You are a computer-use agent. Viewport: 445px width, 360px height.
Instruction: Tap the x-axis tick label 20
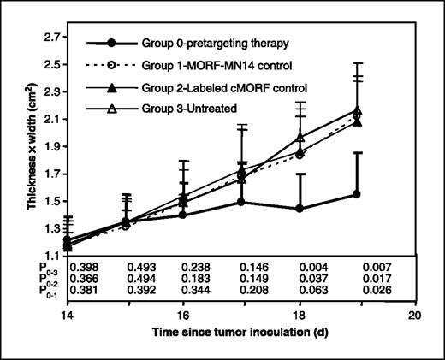(415, 315)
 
